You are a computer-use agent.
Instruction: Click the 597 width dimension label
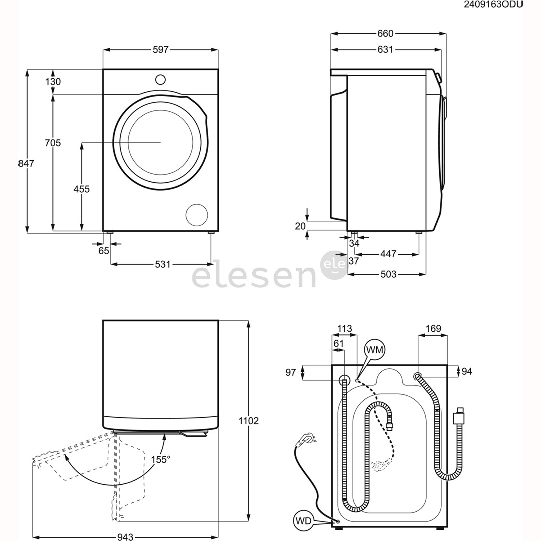pos(161,49)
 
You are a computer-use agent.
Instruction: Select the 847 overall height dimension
pos(26,163)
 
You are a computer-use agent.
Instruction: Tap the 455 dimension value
pos(81,189)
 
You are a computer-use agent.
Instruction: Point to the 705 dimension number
pos(53,143)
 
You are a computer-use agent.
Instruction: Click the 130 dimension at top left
pos(53,82)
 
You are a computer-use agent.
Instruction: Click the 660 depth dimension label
pos(385,34)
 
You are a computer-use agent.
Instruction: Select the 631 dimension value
pos(385,49)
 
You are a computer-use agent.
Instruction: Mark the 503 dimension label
pos(388,274)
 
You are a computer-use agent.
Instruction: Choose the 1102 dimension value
pos(249,421)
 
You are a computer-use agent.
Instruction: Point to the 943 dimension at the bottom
pos(125,537)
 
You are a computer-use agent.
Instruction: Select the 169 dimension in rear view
pos(433,329)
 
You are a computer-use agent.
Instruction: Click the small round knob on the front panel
pos(160,79)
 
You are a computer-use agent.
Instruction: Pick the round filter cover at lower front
pos(197,215)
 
